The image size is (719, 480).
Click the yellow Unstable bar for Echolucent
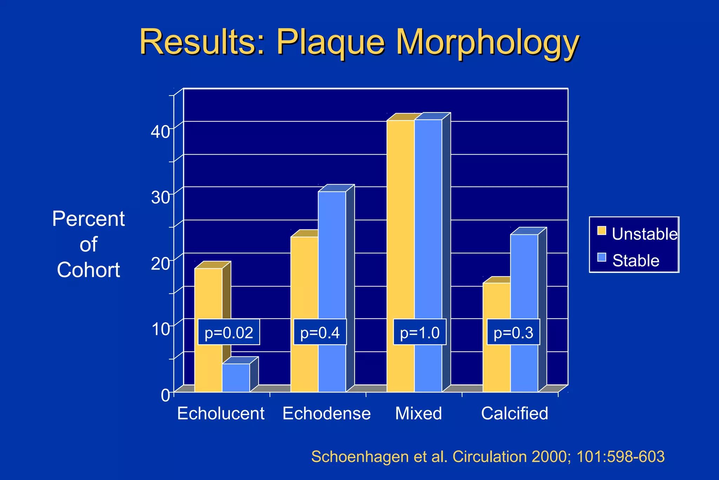click(x=208, y=295)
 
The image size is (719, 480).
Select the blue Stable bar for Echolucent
click(x=236, y=378)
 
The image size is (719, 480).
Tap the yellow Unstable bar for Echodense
click(x=304, y=281)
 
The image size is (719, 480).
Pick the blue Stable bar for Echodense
click(x=332, y=260)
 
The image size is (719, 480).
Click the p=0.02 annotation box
click(x=229, y=332)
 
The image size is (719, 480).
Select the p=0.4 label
click(x=320, y=332)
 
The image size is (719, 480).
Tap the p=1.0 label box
click(x=420, y=332)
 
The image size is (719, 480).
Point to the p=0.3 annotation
click(x=513, y=332)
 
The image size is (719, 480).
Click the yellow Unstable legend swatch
click(x=602, y=231)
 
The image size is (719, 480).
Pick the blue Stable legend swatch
click(x=602, y=257)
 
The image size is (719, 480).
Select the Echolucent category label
click(x=221, y=414)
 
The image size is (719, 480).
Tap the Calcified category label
click(x=514, y=414)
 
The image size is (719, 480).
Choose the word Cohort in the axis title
click(x=88, y=270)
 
